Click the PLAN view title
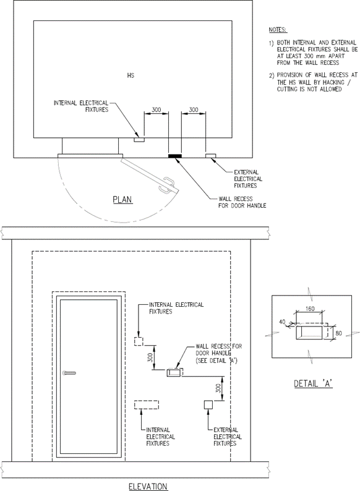122,200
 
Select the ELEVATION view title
148,486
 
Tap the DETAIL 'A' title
313,383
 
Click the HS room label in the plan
131,75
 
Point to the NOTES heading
278,30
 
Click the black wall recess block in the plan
175,156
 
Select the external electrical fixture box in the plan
210,156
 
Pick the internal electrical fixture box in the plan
139,140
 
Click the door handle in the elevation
69,373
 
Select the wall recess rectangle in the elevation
174,373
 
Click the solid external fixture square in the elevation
208,404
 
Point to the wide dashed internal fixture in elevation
147,405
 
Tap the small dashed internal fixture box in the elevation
139,341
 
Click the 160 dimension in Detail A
309,309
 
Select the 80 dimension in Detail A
338,333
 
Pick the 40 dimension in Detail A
282,322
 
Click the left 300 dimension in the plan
156,110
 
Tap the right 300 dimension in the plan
194,109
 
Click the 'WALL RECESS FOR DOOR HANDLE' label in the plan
242,202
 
